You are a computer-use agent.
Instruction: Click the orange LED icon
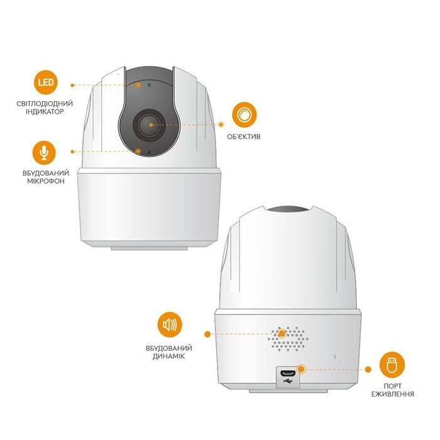[46, 82]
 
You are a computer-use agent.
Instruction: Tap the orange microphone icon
[44, 153]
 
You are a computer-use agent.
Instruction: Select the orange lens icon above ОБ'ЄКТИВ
[244, 115]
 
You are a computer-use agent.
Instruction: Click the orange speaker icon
[170, 325]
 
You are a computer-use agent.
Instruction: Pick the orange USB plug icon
[392, 364]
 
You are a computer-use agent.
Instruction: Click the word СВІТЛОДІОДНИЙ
[45, 104]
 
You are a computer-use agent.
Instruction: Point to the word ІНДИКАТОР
[45, 111]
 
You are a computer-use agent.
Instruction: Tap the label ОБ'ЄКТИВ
[244, 136]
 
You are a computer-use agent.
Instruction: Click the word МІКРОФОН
[46, 181]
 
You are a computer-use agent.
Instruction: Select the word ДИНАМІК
[169, 356]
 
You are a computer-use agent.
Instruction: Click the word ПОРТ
[393, 386]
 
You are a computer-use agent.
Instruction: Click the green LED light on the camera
[150, 85]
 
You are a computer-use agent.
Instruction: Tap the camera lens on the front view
[150, 125]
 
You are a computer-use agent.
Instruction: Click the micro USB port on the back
[288, 373]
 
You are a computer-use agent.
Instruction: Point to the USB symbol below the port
[288, 381]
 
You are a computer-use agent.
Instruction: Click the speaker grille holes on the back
[288, 339]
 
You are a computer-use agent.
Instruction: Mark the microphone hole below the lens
[149, 152]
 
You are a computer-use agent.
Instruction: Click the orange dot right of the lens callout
[221, 124]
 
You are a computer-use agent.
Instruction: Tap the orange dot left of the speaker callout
[207, 334]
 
